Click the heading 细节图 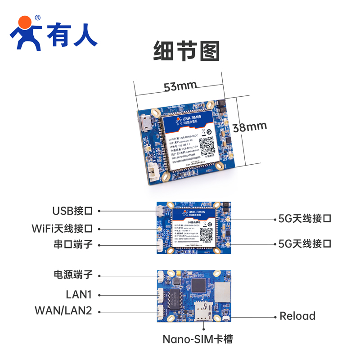click(x=186, y=51)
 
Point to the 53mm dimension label click(x=180, y=86)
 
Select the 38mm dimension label click(x=250, y=127)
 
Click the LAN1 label click(x=79, y=295)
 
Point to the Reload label click(x=297, y=316)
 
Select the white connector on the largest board click(x=154, y=173)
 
